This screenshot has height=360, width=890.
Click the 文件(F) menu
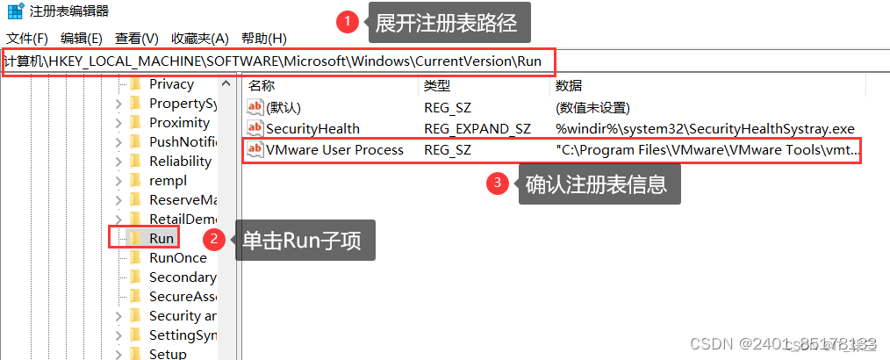coord(27,39)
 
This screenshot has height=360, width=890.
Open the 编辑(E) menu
coord(82,39)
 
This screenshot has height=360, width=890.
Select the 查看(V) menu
coord(136,39)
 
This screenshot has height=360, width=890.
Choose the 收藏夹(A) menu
coord(199,39)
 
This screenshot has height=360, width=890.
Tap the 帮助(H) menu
coord(264,39)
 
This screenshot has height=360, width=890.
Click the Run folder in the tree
coord(161,238)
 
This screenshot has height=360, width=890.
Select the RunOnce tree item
coord(177,257)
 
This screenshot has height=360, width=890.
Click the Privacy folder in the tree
coord(171,84)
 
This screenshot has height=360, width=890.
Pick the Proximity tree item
coord(179,123)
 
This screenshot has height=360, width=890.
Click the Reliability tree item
coord(180,162)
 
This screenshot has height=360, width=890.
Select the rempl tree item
coord(168,181)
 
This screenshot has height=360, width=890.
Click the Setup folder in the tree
coord(168,354)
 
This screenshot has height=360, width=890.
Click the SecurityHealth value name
coord(312,129)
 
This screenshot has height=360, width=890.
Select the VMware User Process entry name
coord(334,150)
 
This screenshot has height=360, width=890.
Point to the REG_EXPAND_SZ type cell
coord(477,129)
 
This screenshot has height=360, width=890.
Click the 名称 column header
coord(262,85)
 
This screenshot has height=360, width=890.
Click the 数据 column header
coord(569,85)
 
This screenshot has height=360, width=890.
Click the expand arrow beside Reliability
coord(118,162)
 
